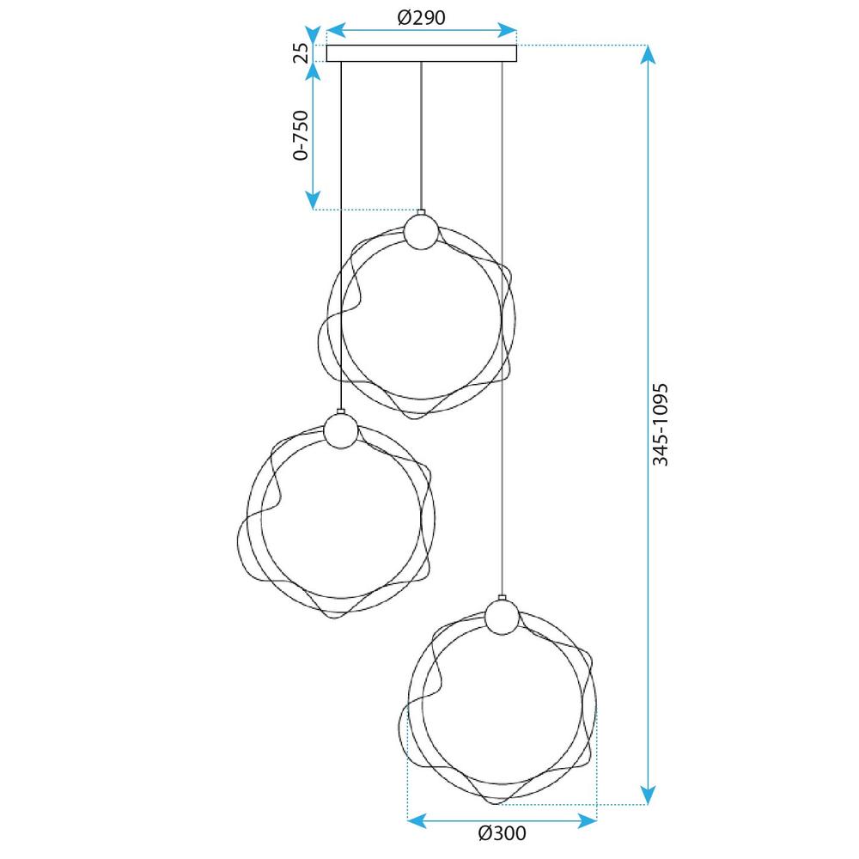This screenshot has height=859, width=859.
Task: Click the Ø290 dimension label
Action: (422, 17)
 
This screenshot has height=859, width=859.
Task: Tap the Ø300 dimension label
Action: (502, 832)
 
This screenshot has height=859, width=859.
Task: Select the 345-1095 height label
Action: (660, 424)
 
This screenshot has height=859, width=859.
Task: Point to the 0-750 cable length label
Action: (301, 136)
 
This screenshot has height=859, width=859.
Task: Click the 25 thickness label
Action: (301, 52)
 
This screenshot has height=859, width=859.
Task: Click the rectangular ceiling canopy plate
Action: (422, 53)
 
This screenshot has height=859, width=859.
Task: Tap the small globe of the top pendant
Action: (421, 233)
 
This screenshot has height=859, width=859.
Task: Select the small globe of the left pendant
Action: (341, 431)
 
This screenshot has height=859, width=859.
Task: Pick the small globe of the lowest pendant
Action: (501, 617)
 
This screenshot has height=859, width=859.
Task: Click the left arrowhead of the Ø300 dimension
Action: (416, 821)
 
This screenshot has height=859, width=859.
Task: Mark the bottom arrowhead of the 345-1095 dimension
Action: (649, 795)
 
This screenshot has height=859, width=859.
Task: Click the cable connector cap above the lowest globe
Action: (501, 598)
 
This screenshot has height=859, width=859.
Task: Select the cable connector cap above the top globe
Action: (421, 212)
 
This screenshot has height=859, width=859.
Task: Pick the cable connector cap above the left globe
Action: (341, 411)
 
